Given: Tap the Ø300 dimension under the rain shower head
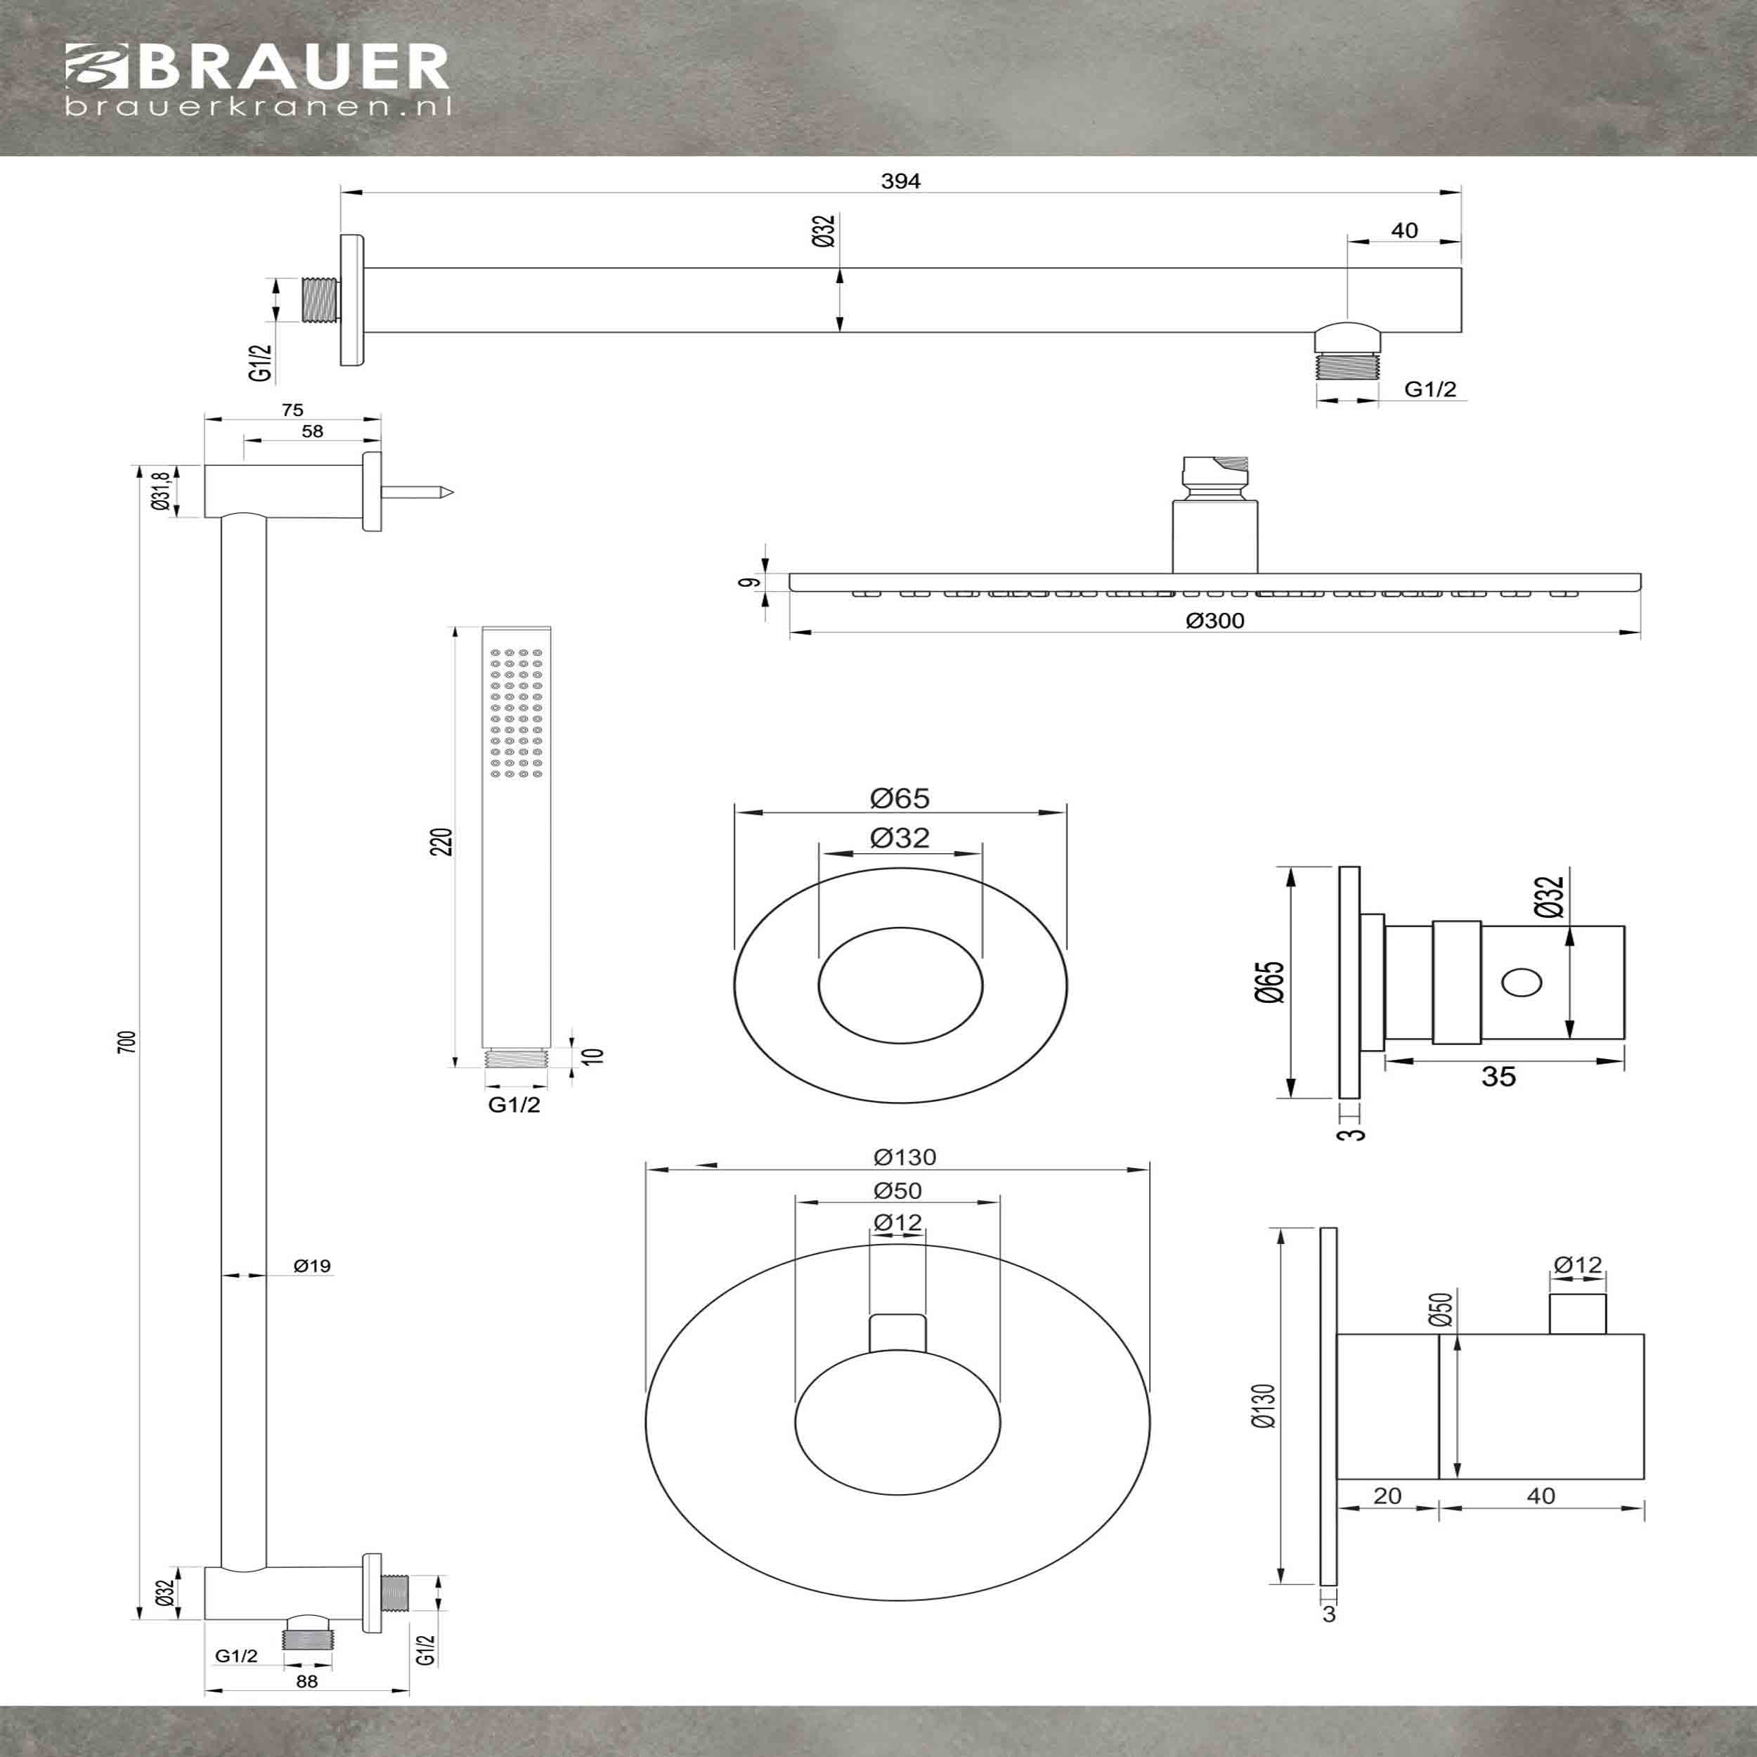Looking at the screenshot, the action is tap(1215, 621).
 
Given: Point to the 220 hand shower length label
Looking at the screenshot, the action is tap(441, 842).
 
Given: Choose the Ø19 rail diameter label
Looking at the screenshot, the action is tap(312, 1265).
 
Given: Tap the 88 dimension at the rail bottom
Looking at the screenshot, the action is tap(306, 1707).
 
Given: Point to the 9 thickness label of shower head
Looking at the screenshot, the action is tap(748, 582).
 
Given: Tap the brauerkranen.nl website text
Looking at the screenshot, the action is tap(258, 108).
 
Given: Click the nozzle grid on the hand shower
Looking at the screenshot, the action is tap(516, 713).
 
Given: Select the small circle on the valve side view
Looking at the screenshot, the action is tap(1522, 983).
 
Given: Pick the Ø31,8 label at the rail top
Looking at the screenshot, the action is tap(160, 492).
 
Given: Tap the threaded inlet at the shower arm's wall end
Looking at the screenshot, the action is tap(320, 299).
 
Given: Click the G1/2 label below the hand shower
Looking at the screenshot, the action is tap(514, 1104).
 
